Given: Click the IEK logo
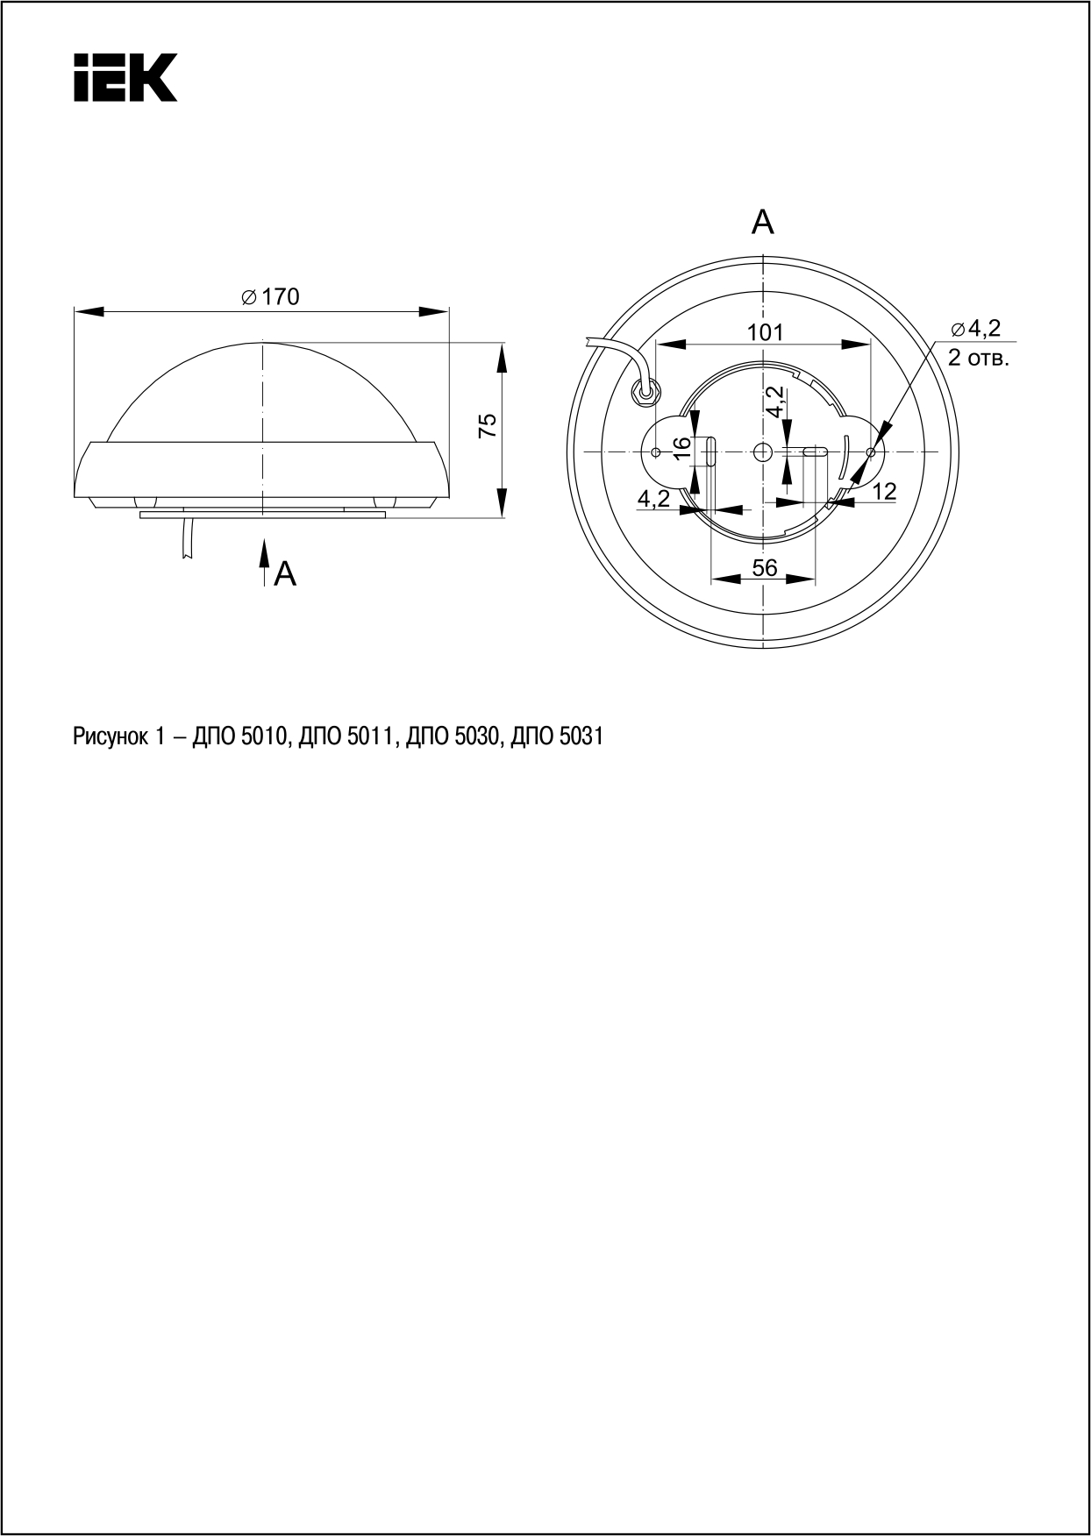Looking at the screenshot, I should [x=125, y=77].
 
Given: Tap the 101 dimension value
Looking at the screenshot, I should [x=765, y=332].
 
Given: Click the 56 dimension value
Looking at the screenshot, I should [x=764, y=567].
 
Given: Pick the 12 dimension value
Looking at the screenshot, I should [x=885, y=492].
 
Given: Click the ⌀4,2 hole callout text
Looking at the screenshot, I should [x=975, y=329].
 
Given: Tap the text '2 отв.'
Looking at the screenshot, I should [x=978, y=357].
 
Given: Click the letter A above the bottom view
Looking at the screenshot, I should [x=763, y=223].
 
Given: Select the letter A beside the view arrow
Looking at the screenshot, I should [x=286, y=574].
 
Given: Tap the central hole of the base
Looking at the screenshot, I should [x=761, y=451].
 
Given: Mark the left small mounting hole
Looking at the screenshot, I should [x=657, y=452].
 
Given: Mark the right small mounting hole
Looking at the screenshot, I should [x=870, y=452].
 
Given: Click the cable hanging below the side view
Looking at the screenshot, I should [x=187, y=537].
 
